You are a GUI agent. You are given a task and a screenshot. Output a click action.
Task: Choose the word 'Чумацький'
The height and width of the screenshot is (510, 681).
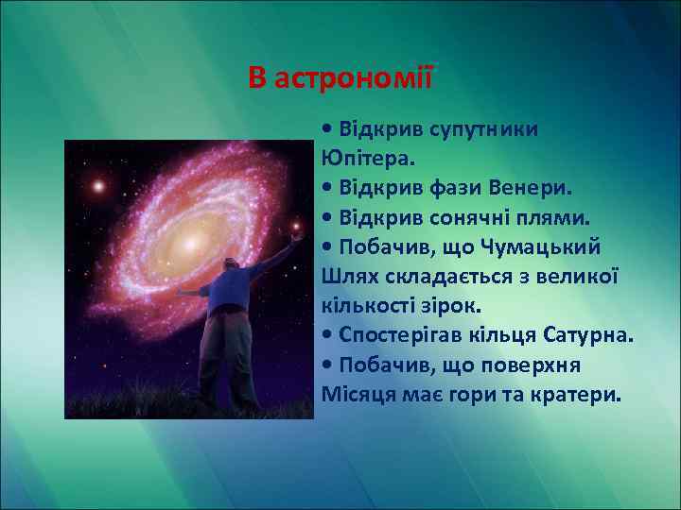tap(542, 246)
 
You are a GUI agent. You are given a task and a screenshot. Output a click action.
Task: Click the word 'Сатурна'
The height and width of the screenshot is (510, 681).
tap(586, 335)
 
